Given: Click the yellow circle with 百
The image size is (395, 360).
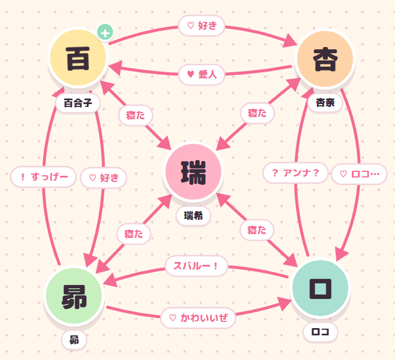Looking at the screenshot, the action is [78, 58].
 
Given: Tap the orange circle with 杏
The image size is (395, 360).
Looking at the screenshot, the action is [325, 59].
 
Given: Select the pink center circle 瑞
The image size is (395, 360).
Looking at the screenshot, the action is [193, 172].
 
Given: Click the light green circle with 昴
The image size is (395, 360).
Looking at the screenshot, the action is [74, 296].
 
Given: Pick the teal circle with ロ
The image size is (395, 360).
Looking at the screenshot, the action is [320, 288].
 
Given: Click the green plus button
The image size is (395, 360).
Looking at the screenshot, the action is [105, 32].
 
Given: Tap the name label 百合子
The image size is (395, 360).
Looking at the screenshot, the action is [78, 103].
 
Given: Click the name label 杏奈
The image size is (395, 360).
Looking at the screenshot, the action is [325, 102].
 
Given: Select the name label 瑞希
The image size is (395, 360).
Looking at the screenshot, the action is [193, 216].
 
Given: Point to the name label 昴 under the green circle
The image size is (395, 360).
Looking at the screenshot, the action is [74, 340].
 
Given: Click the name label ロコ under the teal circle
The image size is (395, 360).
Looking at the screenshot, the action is [320, 332].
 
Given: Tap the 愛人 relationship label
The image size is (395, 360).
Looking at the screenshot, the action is [202, 74].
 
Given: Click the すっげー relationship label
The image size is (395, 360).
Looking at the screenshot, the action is [43, 177].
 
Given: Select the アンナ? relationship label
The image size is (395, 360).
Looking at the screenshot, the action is [295, 172].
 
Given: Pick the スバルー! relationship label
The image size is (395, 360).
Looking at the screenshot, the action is [196, 266].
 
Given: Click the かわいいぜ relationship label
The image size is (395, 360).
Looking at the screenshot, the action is [198, 317].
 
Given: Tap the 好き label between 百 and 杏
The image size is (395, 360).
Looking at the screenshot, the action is [202, 25].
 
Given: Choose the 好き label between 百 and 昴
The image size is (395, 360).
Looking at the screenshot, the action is [104, 177].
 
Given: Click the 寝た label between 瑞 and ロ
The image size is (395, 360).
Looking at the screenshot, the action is [257, 230].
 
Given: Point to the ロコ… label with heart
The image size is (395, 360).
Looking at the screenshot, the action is [359, 174].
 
